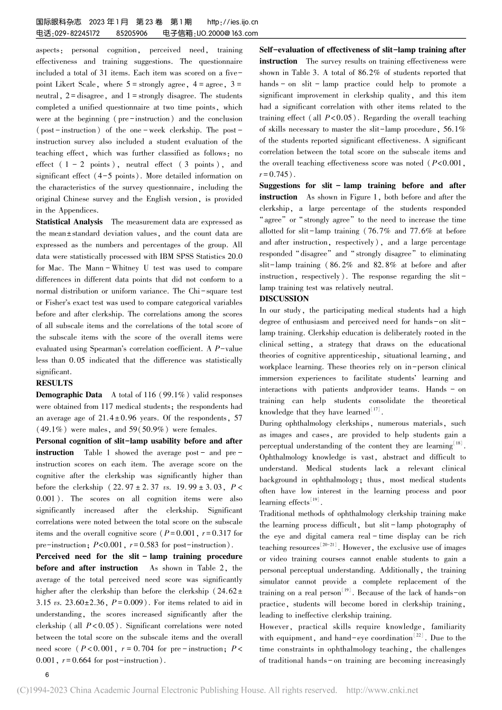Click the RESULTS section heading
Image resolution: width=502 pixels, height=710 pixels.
pyautogui.click(x=54, y=383)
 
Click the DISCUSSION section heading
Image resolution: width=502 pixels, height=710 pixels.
pyautogui.click(x=284, y=299)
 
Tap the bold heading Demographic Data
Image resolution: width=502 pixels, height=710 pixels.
pyautogui.click(x=69, y=395)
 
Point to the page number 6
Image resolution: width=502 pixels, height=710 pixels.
pyautogui.click(x=47, y=675)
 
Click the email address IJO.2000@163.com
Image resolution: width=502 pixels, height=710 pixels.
pyautogui.click(x=227, y=33)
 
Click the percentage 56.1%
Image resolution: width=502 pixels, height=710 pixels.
pyautogui.click(x=454, y=129)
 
